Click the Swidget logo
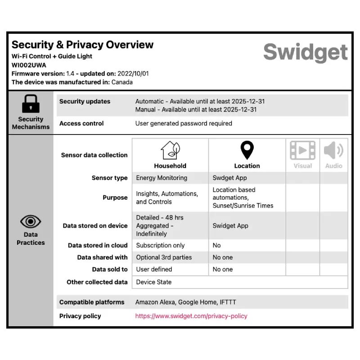[x=306, y=53]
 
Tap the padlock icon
[x=31, y=104]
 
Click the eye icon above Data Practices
[x=31, y=221]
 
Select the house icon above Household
[x=170, y=150]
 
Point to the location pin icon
[x=247, y=150]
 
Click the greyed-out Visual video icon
[x=302, y=150]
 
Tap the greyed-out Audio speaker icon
[x=333, y=150]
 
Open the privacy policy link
[x=191, y=316]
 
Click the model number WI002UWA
[x=29, y=65]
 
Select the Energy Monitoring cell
[x=162, y=178]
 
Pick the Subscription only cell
[x=160, y=245]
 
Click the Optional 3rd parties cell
[x=164, y=257]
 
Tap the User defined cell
[x=154, y=269]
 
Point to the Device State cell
[x=153, y=282]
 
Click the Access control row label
[x=81, y=123]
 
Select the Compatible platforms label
[x=92, y=302]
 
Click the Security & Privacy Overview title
[x=82, y=45]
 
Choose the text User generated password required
[x=184, y=123]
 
